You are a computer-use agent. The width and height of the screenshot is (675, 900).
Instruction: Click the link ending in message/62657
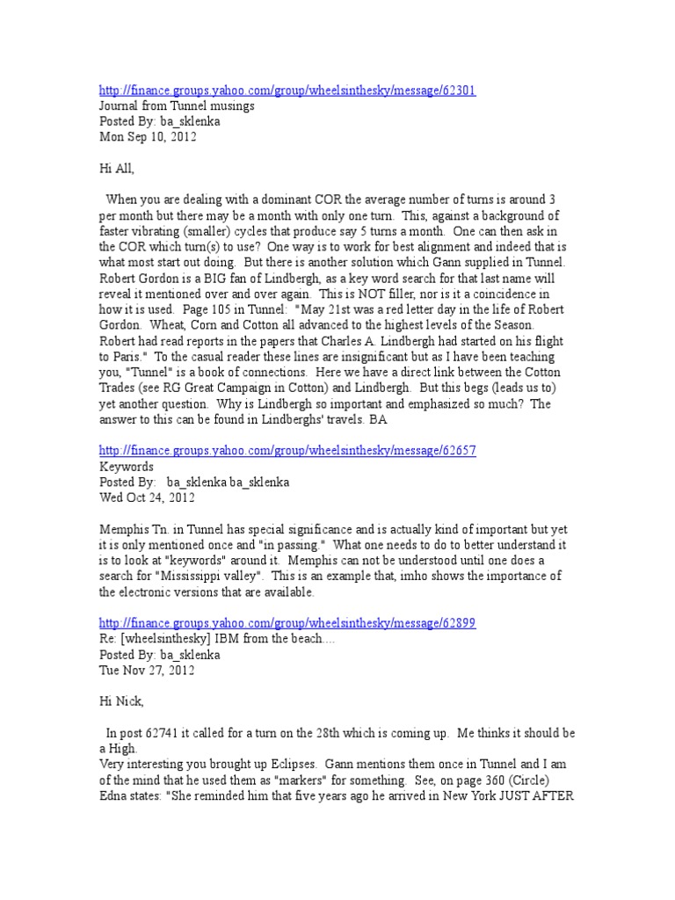pos(287,451)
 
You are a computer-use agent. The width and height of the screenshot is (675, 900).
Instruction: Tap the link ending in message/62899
pos(287,623)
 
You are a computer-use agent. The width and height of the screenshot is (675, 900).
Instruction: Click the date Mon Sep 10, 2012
pos(147,137)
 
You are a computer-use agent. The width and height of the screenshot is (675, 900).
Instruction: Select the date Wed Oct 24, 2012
pos(148,497)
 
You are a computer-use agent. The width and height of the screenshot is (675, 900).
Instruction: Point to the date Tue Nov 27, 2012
pos(148,670)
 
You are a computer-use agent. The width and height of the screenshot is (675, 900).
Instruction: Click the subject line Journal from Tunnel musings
pos(177,106)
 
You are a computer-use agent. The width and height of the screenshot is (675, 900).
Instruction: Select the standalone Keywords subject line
pos(127,467)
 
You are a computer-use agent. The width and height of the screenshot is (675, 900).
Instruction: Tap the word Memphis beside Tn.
pos(124,529)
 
